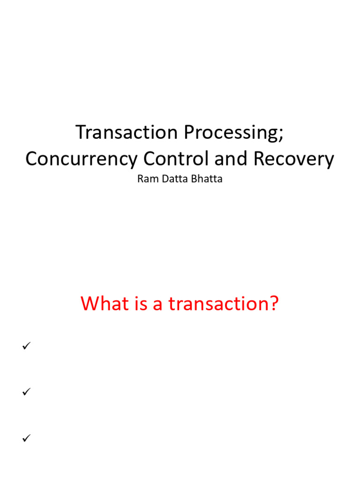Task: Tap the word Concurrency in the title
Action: (82, 159)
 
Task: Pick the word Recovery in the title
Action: (294, 160)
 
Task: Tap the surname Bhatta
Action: (205, 179)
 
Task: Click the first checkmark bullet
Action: (26, 346)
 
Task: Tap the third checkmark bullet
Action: (26, 438)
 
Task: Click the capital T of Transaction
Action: (81, 133)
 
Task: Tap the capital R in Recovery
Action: (259, 159)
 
